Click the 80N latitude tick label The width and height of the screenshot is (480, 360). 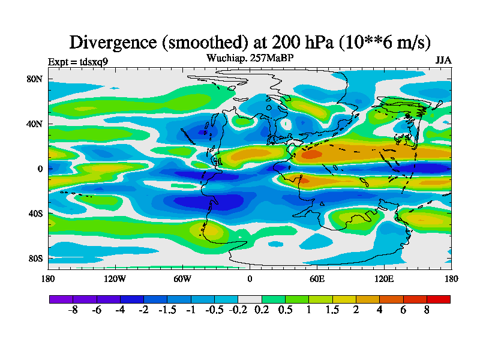pyautogui.click(x=35, y=79)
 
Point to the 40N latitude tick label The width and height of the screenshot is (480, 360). pyautogui.click(x=35, y=124)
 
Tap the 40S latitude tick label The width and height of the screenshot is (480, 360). pyautogui.click(x=35, y=214)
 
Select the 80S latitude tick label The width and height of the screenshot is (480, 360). pyautogui.click(x=35, y=259)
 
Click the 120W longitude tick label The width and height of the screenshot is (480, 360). pyautogui.click(x=115, y=278)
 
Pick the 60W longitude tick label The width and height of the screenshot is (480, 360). pyautogui.click(x=182, y=278)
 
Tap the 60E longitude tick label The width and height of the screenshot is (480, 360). pyautogui.click(x=317, y=278)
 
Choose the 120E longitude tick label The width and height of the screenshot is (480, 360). pyautogui.click(x=384, y=278)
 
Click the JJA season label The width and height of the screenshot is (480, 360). pyautogui.click(x=443, y=61)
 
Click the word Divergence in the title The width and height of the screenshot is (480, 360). pyautogui.click(x=112, y=42)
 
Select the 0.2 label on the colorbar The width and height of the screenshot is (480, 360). pyautogui.click(x=261, y=310)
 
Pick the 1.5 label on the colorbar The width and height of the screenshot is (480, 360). pyautogui.click(x=332, y=310)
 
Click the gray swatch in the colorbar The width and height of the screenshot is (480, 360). pyautogui.click(x=250, y=299)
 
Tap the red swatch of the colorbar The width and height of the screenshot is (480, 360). pyautogui.click(x=438, y=299)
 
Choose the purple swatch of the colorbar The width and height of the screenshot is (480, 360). pyautogui.click(x=61, y=299)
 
